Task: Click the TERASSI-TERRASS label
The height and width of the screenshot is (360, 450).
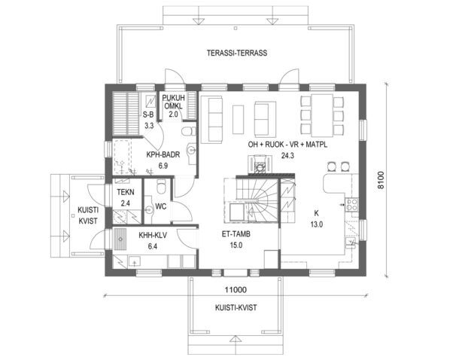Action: (237, 53)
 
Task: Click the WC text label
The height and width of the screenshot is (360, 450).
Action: (160, 206)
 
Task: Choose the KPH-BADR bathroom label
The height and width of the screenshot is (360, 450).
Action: (163, 156)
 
